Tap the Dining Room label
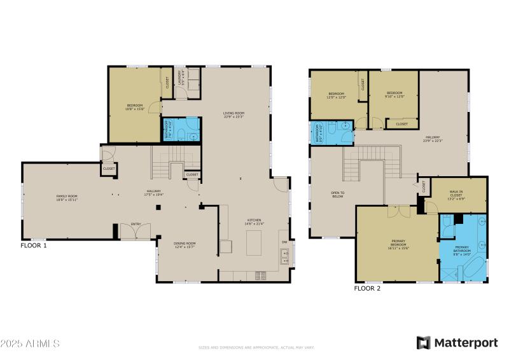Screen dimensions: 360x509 tap(185, 245)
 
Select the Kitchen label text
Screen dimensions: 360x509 tap(254, 223)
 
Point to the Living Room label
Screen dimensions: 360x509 tap(234, 115)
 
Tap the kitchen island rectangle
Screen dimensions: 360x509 tap(254, 242)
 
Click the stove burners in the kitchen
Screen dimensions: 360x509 tap(260, 275)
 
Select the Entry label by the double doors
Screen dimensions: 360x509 tap(136, 224)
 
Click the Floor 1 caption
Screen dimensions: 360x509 tap(33, 245)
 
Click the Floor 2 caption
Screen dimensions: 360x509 tap(367, 288)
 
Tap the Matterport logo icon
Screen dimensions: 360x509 tap(423, 343)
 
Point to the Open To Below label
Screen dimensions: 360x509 tap(338, 195)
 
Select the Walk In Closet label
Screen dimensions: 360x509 tap(456, 195)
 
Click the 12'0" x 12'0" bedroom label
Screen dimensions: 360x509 tap(336, 96)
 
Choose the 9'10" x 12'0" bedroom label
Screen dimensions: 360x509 tap(395, 95)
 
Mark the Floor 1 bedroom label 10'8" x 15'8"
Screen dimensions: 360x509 tap(134, 107)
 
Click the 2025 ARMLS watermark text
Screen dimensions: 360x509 tap(30, 343)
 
